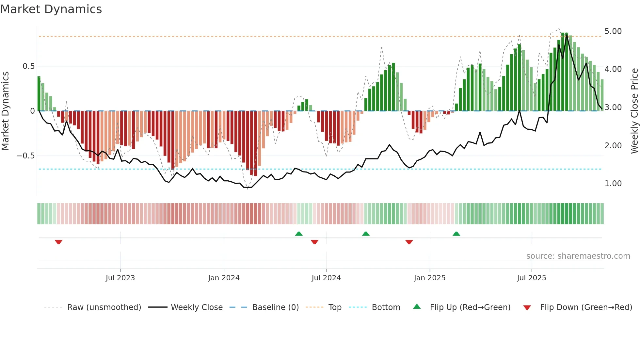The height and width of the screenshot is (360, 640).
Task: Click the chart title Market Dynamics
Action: point(51,9)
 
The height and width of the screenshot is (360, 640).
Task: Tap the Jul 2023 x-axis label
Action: point(120,278)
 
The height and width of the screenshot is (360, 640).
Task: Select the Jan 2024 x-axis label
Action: point(224,278)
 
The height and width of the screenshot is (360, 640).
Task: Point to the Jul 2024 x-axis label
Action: point(326,278)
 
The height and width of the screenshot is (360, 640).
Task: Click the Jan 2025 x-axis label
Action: point(429,278)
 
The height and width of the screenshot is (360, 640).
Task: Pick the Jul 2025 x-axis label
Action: point(531,278)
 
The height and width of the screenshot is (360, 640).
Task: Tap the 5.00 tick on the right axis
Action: point(613,31)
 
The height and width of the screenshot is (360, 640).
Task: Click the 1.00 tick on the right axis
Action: point(613,184)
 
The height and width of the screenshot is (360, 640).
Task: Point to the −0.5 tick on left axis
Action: point(25,156)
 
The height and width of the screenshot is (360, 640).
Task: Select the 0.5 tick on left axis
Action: point(28,66)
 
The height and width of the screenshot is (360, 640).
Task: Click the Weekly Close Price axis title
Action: point(634,111)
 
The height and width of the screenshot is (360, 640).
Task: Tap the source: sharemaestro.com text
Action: point(578,256)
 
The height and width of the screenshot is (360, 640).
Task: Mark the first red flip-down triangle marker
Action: point(58,242)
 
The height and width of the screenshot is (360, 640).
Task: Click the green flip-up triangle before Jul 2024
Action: point(299,234)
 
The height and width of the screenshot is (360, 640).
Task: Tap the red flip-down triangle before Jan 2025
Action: point(409,242)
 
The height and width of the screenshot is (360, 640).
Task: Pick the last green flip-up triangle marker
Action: point(456,234)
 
